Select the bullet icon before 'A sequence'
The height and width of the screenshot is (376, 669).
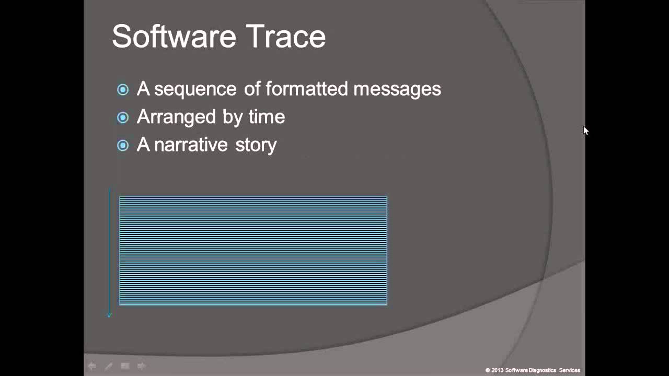[123, 90]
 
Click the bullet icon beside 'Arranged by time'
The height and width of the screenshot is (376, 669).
[123, 118]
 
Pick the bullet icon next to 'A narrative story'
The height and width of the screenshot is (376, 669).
[123, 145]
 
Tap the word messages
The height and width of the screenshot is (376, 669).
[397, 89]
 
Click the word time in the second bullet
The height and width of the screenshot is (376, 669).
[267, 116]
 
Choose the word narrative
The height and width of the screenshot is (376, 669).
[191, 145]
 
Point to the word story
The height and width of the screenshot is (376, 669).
[256, 145]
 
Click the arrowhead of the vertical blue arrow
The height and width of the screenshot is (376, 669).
[109, 314]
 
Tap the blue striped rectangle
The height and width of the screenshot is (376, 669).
[253, 251]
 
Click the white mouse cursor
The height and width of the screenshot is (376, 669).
[585, 131]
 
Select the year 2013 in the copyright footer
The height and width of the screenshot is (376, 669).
[497, 370]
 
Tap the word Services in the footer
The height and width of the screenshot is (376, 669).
[570, 370]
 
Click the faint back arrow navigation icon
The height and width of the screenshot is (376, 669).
[92, 366]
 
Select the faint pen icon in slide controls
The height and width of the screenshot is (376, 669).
[108, 366]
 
